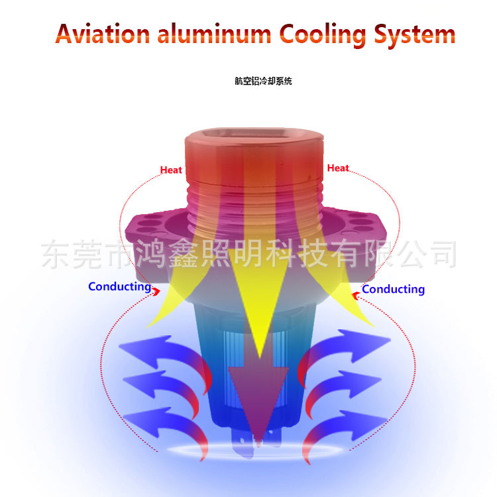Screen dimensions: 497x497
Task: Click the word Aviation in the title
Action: (x=102, y=33)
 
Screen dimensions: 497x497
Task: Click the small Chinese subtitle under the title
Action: (x=263, y=82)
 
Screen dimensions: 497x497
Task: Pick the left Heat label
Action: (x=171, y=170)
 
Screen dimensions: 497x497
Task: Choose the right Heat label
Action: (x=338, y=168)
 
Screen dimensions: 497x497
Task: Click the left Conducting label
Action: (x=120, y=287)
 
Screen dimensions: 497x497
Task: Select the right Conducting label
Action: (x=393, y=289)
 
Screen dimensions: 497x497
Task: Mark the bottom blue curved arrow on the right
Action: (x=345, y=424)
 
